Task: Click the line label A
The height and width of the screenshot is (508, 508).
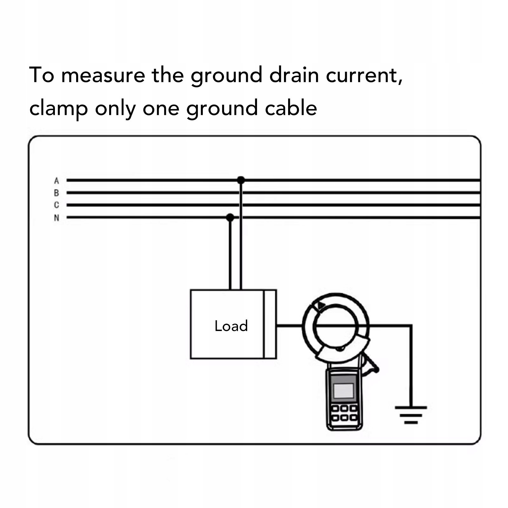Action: point(56,181)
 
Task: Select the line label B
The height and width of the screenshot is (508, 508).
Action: point(56,193)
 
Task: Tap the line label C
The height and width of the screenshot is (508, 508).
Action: point(56,205)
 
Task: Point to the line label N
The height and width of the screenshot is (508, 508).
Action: point(56,218)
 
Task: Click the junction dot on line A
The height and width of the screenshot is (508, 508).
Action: point(241,180)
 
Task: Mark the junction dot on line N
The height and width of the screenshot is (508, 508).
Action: point(230,218)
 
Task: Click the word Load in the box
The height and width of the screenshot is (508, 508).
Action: point(231,326)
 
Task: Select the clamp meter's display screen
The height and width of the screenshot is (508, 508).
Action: point(344,390)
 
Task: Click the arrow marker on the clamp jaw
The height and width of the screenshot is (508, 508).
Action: point(321,306)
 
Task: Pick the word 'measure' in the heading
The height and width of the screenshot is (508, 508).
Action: point(103,76)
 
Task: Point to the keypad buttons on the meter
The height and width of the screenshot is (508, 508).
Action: point(344,412)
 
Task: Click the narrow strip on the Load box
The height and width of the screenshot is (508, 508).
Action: point(270,324)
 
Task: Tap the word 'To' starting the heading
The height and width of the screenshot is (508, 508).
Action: point(42,76)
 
